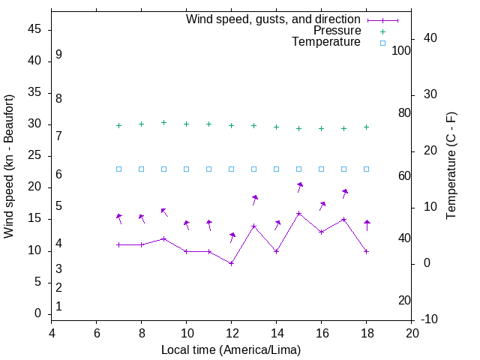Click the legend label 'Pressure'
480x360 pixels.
(x=337, y=31)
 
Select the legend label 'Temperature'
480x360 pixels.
(x=325, y=42)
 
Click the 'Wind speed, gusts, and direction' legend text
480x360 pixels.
(x=273, y=19)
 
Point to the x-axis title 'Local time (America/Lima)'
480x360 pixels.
(x=231, y=350)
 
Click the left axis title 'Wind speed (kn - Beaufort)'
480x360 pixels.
(x=9, y=166)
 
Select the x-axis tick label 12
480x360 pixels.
(x=232, y=333)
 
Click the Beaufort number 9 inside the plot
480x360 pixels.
(x=58, y=55)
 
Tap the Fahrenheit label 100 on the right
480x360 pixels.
(x=401, y=51)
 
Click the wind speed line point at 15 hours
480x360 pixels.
(x=298, y=213)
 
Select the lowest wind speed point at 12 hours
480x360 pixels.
(x=232, y=263)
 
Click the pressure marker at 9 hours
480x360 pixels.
(x=163, y=122)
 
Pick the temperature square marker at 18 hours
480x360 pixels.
(x=366, y=169)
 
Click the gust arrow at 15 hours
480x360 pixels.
(x=299, y=185)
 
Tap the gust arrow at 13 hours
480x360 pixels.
(x=254, y=199)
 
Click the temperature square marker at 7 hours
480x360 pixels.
(x=118, y=169)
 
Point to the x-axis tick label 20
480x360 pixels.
(x=412, y=333)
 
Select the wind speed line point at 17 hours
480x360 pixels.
(x=343, y=219)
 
